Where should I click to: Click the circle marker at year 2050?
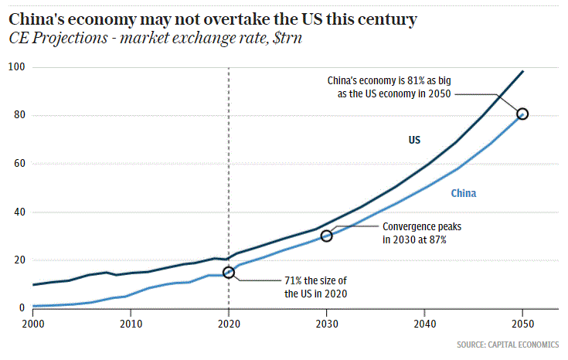(x=522, y=114)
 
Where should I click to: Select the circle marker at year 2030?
(x=326, y=236)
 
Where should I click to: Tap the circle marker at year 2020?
(x=228, y=272)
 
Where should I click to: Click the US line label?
(x=414, y=140)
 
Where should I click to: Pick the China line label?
(x=464, y=193)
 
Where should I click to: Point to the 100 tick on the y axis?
(x=15, y=67)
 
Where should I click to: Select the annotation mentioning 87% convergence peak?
(x=415, y=233)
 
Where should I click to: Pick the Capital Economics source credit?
(x=508, y=343)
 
